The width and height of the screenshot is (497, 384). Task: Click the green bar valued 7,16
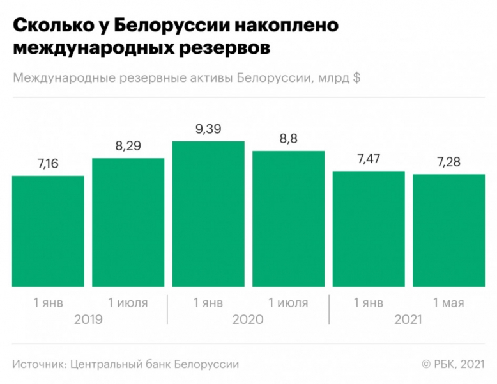click(48, 230)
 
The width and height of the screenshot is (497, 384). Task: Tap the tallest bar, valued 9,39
click(208, 214)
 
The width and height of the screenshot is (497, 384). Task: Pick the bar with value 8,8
click(288, 218)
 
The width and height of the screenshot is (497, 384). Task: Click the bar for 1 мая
click(448, 230)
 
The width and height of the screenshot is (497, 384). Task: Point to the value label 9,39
click(208, 130)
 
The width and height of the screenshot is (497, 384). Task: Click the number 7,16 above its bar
click(48, 164)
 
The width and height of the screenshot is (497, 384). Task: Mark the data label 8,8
click(288, 139)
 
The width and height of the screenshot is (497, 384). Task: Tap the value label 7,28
click(448, 163)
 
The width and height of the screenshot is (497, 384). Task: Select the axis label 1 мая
click(448, 303)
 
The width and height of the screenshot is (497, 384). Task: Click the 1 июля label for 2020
click(288, 303)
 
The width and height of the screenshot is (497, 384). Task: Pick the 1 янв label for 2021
click(369, 303)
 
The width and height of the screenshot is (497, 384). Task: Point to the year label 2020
click(249, 318)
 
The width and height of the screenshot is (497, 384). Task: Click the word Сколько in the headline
click(50, 26)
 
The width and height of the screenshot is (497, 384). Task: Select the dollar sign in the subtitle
click(356, 79)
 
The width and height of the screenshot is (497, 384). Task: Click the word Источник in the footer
click(40, 364)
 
